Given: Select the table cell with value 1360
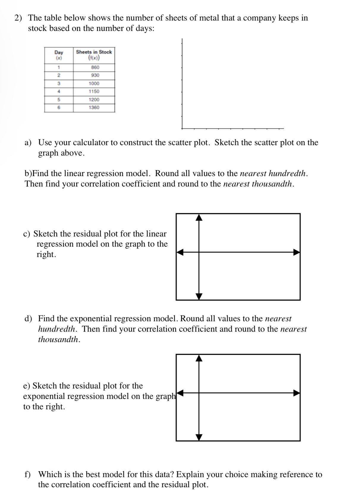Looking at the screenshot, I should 94,108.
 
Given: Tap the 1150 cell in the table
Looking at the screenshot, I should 94,92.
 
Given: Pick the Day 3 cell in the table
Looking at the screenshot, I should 59,84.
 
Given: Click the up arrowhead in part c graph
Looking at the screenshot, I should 199,217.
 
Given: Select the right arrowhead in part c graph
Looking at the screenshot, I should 297,252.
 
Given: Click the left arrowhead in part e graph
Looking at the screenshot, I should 180,393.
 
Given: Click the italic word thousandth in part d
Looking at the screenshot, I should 59,339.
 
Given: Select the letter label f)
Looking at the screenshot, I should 27,474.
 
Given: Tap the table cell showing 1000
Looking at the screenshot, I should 94,84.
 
